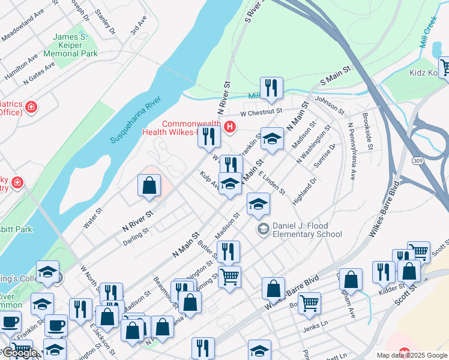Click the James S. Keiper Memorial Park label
(x=75, y=45)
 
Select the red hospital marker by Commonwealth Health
(x=229, y=127)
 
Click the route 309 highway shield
(x=418, y=160)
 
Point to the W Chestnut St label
(x=261, y=112)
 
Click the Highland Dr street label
(x=303, y=191)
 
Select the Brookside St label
(x=367, y=132)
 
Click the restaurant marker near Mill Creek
(x=271, y=89)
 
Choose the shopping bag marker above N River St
(x=149, y=185)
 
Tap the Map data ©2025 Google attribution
(x=412, y=355)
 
